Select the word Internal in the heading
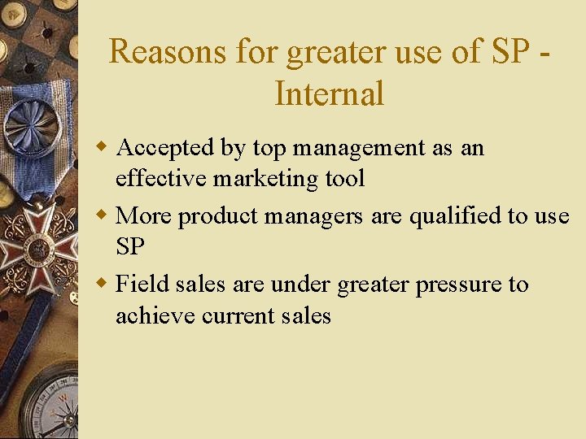click(x=329, y=93)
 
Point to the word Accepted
click(x=166, y=148)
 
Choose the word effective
click(x=161, y=178)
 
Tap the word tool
click(x=344, y=178)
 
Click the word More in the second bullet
click(x=144, y=216)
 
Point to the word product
click(x=216, y=217)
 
